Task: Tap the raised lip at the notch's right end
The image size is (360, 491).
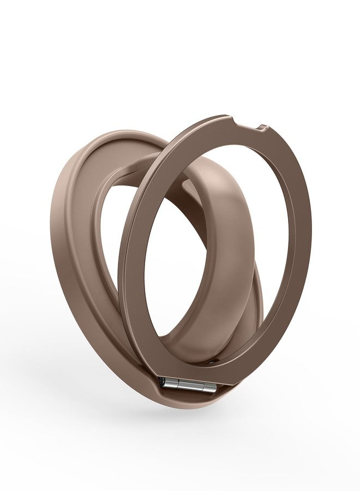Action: click(x=263, y=129)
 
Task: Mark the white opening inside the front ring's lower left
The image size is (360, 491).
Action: click(x=164, y=306)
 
